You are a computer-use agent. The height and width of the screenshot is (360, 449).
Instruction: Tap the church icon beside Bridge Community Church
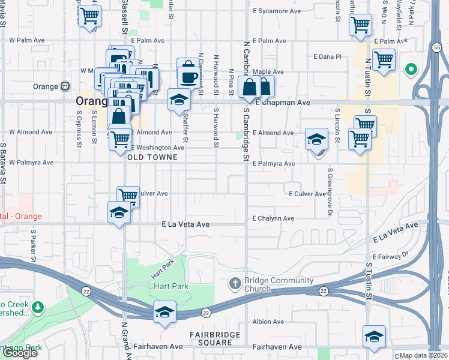coord(235,283)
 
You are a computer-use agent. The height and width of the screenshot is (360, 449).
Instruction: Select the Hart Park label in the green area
coord(171,286)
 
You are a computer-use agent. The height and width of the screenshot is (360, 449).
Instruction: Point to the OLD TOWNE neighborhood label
coord(152,157)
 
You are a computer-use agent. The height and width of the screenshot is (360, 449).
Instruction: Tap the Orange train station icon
coord(64,86)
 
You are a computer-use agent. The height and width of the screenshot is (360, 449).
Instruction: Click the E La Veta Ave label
coord(185,224)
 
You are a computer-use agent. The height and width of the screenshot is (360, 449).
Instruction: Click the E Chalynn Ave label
coord(273,218)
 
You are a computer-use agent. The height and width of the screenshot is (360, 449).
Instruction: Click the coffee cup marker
coord(188,77)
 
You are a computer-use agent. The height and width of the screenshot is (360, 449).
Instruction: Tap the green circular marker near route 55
coord(411,70)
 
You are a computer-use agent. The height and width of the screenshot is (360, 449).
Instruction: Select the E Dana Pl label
coord(327,56)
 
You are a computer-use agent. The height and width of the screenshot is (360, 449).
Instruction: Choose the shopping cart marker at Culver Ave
coord(128,195)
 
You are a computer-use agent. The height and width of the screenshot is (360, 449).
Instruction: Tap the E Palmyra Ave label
coord(274,163)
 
